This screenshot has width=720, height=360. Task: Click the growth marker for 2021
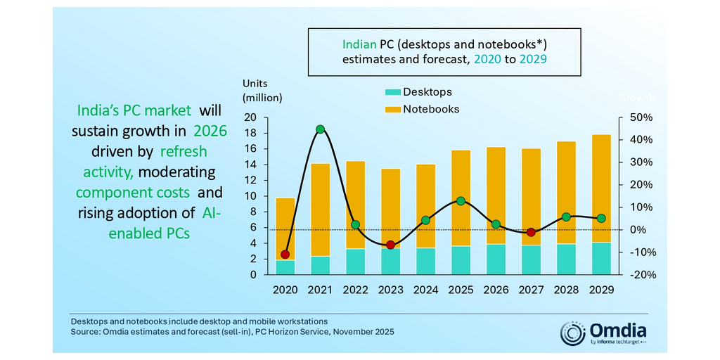coord(320,129)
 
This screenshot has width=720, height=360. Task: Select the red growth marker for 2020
coord(285,255)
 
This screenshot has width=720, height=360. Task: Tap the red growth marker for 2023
coord(390,245)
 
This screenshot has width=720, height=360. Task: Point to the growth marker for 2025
coord(461,201)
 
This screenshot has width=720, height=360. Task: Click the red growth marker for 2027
coord(531,232)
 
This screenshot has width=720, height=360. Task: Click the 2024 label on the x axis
coord(425,290)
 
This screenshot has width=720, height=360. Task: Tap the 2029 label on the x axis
coord(601,290)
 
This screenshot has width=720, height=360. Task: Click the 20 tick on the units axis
coord(251,117)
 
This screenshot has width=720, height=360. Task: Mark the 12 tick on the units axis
coord(251,181)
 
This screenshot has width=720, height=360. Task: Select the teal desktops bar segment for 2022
coord(355,262)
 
